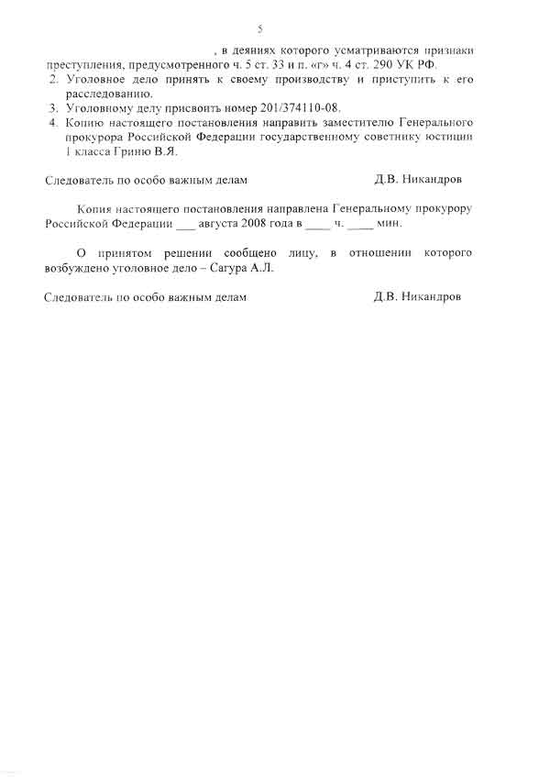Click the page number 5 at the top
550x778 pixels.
(260, 28)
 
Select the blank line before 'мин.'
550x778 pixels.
(360, 225)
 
